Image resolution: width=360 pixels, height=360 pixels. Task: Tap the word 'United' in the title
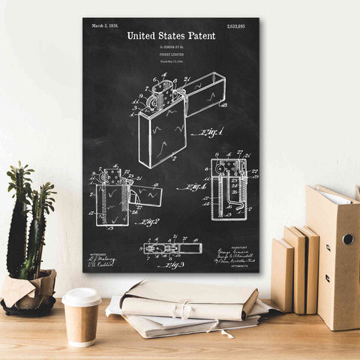point(142,35)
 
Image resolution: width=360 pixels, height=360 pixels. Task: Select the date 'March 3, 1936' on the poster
point(105,25)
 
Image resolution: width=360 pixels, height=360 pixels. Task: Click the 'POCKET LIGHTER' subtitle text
point(171,55)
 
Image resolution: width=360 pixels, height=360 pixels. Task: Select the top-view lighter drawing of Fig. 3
point(172,247)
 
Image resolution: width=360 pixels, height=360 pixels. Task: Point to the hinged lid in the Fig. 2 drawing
point(146,196)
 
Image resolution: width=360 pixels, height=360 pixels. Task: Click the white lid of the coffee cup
point(81,296)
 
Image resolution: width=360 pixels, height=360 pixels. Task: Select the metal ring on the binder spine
point(348,238)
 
